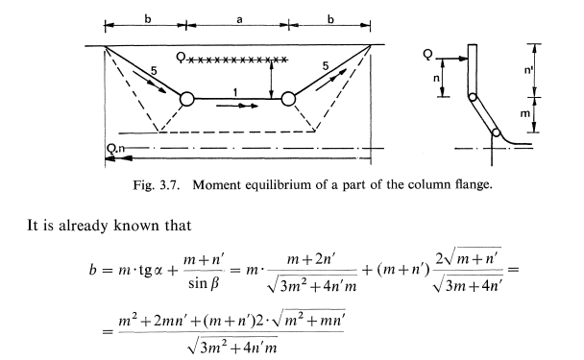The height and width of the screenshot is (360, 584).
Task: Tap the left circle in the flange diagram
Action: point(187,98)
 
